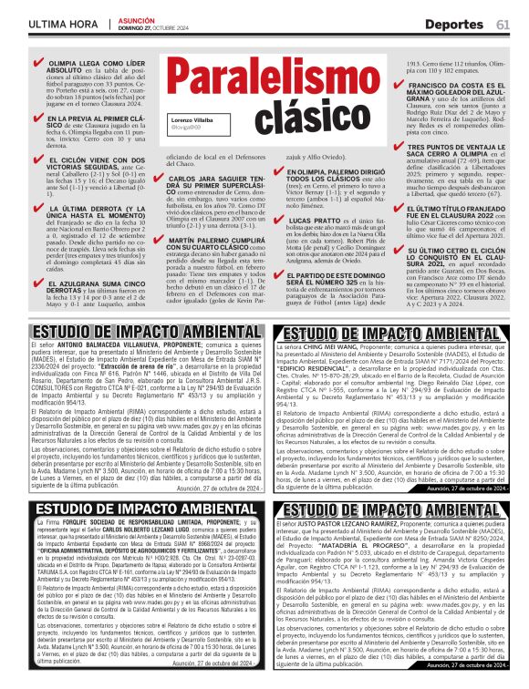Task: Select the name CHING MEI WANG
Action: (327, 347)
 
